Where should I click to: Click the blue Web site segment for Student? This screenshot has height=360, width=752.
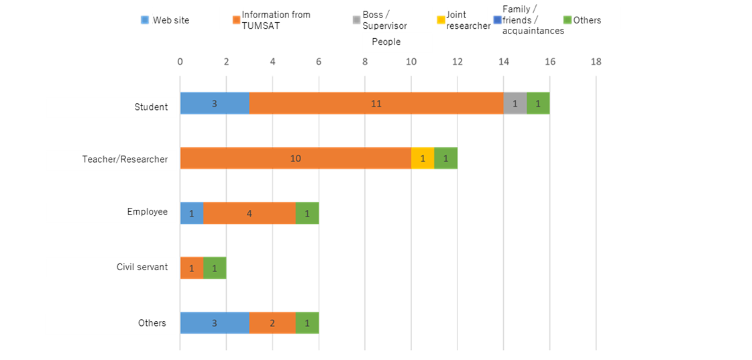[x=215, y=103]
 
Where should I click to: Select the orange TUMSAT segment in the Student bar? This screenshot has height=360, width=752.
[x=376, y=103]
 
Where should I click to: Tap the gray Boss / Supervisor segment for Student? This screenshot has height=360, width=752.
[x=515, y=103]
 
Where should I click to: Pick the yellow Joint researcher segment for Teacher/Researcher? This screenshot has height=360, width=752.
[x=423, y=158]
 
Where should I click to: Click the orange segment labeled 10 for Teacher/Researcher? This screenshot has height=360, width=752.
[x=296, y=158]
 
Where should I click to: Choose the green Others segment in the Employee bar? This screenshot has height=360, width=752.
[x=307, y=213]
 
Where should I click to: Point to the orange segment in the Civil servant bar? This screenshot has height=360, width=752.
[x=192, y=267]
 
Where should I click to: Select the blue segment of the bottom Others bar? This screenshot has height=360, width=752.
[x=215, y=322]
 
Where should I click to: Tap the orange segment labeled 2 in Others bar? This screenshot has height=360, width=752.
[x=272, y=322]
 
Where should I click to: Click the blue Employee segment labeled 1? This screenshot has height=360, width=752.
[x=192, y=213]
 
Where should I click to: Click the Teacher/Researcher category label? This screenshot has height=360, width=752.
[x=125, y=159]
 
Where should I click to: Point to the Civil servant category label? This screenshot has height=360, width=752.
[x=142, y=267]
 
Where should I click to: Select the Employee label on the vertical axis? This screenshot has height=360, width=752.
[x=147, y=212]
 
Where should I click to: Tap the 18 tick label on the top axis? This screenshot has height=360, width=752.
[x=596, y=62]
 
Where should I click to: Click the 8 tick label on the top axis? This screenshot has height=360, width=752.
[x=365, y=62]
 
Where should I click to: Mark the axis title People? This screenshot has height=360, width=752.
[x=386, y=42]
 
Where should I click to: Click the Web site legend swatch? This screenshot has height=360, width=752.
[x=145, y=20]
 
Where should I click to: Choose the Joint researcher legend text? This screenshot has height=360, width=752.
[x=468, y=21]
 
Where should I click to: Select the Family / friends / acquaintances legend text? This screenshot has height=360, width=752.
[x=533, y=21]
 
